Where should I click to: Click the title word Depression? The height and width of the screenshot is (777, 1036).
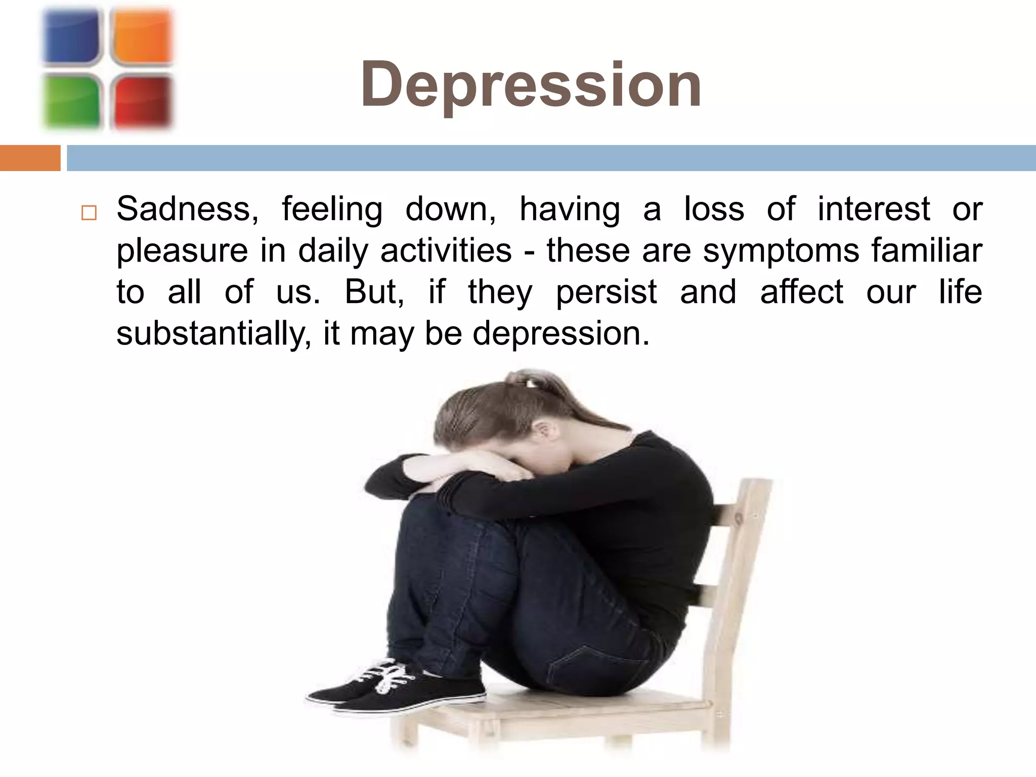click(531, 84)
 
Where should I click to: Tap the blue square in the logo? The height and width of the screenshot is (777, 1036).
click(71, 37)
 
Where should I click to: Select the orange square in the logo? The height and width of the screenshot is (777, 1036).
click(142, 37)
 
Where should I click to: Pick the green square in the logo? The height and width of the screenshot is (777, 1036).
click(71, 101)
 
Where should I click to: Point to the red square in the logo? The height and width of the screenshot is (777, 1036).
click(142, 101)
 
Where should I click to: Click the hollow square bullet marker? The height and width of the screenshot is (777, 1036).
click(89, 212)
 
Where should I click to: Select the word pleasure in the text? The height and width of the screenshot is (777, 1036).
click(183, 251)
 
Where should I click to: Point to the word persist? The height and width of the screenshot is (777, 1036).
click(606, 292)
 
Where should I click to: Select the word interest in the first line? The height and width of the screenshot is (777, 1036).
click(874, 209)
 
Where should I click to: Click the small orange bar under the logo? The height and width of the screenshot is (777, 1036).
click(30, 158)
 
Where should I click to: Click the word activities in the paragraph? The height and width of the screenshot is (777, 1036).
click(446, 250)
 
